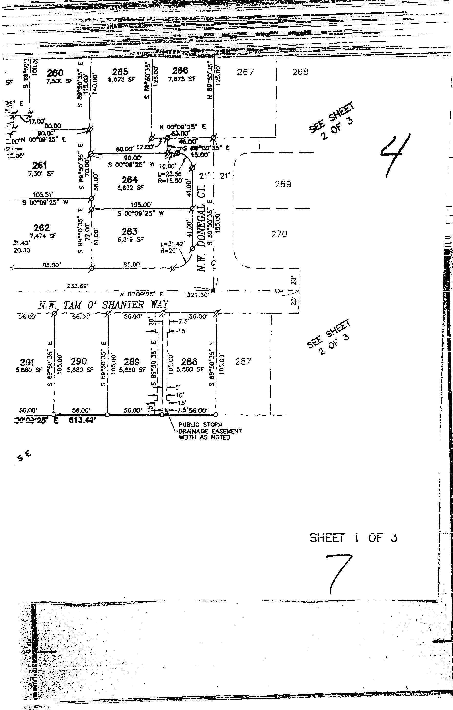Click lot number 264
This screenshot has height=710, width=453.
point(130,179)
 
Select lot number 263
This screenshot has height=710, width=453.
point(130,231)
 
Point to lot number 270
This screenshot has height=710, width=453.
point(279,234)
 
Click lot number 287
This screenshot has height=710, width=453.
point(243,361)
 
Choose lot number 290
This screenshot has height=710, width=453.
point(79,362)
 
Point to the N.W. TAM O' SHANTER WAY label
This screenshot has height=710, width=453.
point(103,305)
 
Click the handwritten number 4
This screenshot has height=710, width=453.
point(395,155)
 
